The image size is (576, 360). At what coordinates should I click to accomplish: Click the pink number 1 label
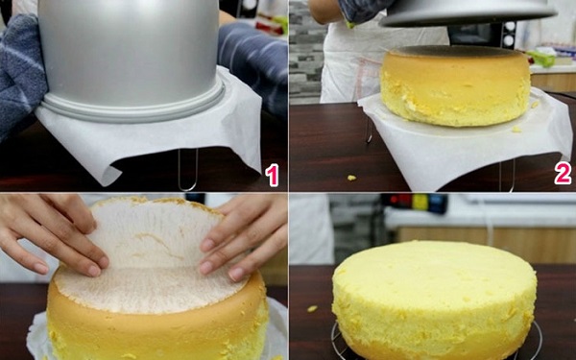(x=272, y=175)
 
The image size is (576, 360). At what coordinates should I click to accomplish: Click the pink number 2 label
(x=563, y=173)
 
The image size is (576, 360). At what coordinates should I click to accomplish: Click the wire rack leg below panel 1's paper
(x=188, y=170)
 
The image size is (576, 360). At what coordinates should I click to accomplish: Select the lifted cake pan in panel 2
(x=468, y=12)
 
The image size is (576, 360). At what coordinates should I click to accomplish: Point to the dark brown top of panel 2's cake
(x=456, y=52)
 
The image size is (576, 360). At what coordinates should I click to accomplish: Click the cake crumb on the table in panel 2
(x=351, y=178)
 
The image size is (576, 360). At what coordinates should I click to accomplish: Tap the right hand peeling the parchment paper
(x=243, y=239)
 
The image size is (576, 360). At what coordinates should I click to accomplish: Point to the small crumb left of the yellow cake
(x=312, y=308)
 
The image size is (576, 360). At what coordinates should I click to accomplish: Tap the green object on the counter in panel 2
(x=541, y=59)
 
